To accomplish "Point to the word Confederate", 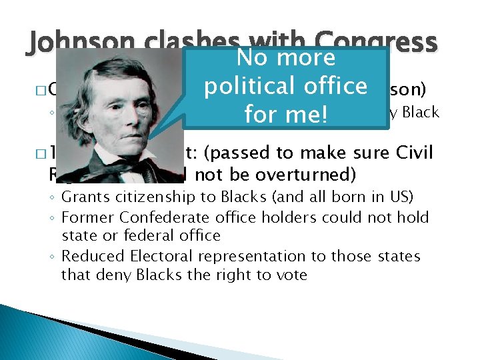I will coord(159,217).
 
